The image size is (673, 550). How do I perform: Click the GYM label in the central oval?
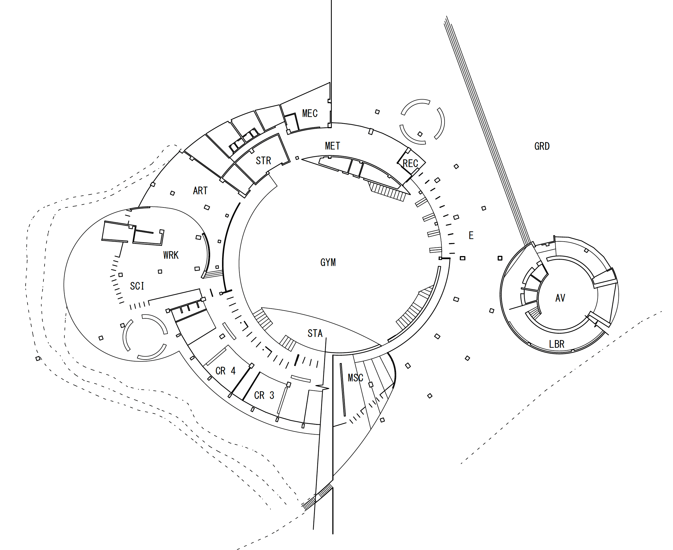(328, 262)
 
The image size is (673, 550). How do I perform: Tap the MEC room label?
(310, 113)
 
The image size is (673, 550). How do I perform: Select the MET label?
(332, 146)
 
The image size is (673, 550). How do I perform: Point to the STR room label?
(263, 161)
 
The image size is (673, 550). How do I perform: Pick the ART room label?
(200, 191)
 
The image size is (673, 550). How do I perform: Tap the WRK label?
(171, 255)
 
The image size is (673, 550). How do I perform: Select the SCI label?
(137, 286)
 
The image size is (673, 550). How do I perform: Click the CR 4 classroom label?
(225, 371)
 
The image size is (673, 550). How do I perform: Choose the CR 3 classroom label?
(264, 395)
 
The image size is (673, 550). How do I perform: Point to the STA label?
(315, 333)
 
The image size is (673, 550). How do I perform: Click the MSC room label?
(355, 378)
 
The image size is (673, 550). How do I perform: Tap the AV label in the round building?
(560, 298)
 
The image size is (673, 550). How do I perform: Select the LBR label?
(557, 344)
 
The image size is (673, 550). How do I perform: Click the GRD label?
(542, 146)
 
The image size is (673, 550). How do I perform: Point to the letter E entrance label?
(471, 236)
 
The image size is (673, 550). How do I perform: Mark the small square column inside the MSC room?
(371, 385)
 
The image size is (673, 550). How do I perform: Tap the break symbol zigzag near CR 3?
(322, 387)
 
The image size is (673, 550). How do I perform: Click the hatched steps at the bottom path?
(317, 497)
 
